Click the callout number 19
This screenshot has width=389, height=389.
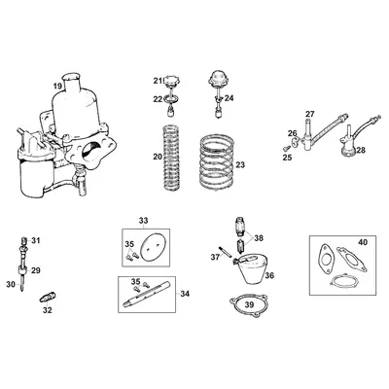57,87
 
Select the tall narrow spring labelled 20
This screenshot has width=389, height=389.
170,158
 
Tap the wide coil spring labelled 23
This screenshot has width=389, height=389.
216,164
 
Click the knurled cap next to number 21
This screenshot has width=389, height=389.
170,81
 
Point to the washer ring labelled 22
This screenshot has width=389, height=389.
170,99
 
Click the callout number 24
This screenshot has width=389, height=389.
229,98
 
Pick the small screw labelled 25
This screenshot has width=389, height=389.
286,148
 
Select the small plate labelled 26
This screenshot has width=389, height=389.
295,142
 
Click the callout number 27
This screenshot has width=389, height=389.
310,114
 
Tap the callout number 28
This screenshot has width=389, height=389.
361,150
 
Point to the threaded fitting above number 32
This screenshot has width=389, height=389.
48,297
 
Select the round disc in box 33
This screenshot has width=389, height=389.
151,246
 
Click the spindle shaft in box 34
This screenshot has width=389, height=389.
148,295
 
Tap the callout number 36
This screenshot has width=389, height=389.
269,275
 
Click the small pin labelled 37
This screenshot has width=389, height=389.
225,252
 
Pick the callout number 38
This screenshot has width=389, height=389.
259,238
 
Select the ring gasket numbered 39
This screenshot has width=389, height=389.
248,305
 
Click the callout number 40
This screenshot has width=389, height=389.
363,242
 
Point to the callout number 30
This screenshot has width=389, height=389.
11,284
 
